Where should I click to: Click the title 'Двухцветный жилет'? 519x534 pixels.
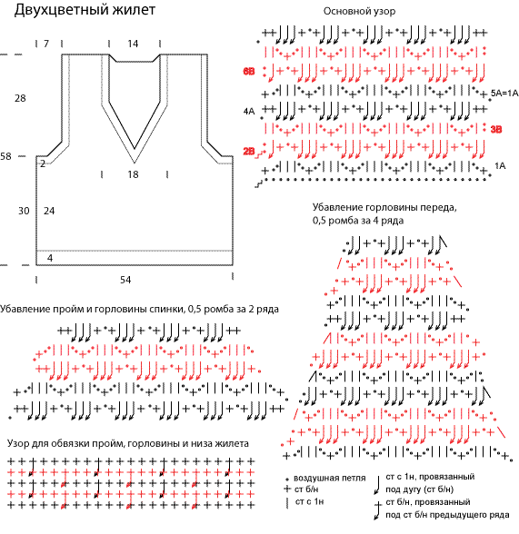85,10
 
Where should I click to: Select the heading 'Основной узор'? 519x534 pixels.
359,11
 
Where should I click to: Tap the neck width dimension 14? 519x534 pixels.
133,44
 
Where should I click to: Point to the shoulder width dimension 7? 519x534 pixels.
46,44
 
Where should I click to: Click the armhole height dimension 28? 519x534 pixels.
20,98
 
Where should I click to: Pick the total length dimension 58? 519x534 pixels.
5,156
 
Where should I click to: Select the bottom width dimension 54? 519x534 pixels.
125,280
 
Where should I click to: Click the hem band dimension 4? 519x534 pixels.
50,258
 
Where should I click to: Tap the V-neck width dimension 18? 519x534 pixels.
133,174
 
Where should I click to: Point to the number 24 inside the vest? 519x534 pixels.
49,211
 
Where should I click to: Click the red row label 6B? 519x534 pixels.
249,72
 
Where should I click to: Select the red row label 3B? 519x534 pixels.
496,129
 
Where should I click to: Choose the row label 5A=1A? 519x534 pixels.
504,93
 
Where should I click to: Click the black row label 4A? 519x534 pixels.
249,111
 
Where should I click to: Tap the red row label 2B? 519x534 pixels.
249,151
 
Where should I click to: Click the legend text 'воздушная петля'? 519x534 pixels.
329,478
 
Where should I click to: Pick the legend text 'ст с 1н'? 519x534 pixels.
309,501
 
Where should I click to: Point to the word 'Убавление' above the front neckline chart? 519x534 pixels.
336,207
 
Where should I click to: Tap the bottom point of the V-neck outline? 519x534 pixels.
135,163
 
